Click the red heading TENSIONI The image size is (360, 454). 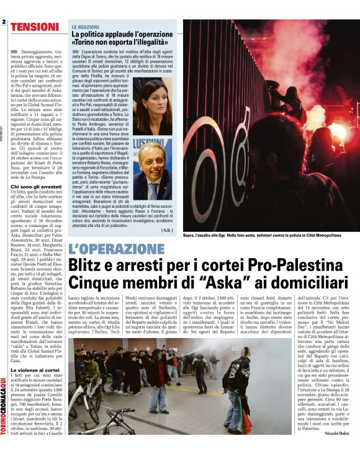tap(35, 27)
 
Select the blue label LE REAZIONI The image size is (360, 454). tap(86, 28)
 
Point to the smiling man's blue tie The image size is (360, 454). tap(152, 188)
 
